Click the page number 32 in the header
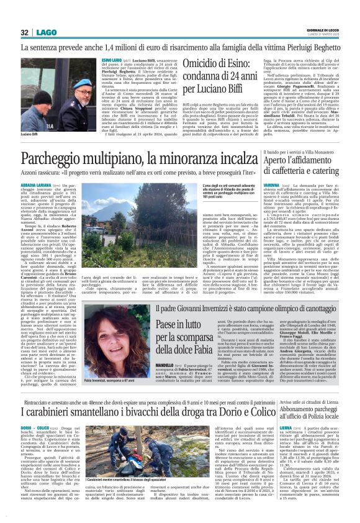click(x=25, y=32)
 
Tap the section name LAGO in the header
click(x=45, y=32)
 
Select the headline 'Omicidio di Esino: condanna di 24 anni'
click(x=228, y=81)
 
